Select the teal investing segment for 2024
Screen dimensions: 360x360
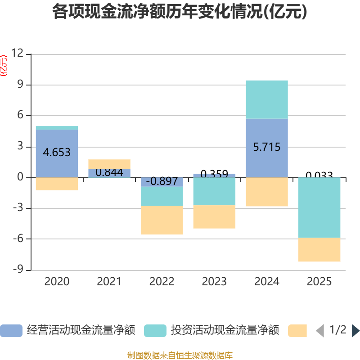pos(267,99)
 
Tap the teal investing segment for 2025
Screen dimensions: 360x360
pos(319,207)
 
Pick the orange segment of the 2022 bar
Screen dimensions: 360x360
pos(162,220)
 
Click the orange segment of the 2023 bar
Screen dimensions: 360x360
pos(214,217)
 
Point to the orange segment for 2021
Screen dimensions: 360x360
pos(109,164)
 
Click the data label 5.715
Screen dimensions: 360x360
pos(267,147)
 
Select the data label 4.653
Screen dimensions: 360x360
pos(57,152)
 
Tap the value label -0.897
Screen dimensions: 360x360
pos(162,181)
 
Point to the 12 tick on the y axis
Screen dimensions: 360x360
pos(18,54)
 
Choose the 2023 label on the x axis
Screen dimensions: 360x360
pos(214,282)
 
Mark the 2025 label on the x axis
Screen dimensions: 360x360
pos(319,282)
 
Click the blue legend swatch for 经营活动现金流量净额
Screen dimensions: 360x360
pos(11,330)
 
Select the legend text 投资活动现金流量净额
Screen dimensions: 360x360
pos(225,330)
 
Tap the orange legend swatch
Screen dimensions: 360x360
pos(297,330)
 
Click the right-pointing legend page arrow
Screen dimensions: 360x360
pos(355,330)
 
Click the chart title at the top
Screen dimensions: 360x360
pos(180,12)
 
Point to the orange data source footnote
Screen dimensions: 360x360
pos(180,355)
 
